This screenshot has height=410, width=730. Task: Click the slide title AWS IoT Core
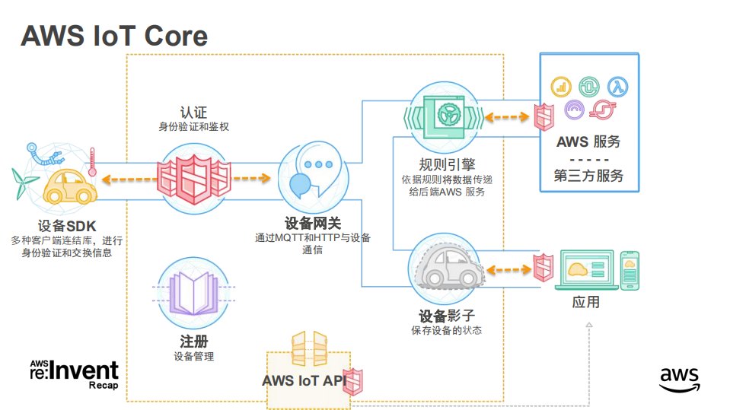114,36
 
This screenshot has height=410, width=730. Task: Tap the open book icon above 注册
193,294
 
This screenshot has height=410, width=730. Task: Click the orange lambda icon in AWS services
617,86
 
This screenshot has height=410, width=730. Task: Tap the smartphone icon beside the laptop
630,269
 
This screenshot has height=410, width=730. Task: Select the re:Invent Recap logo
74,373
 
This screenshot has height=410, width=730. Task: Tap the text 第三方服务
588,176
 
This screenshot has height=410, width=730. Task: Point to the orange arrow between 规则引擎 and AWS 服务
508,117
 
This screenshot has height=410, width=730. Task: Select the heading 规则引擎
447,165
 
